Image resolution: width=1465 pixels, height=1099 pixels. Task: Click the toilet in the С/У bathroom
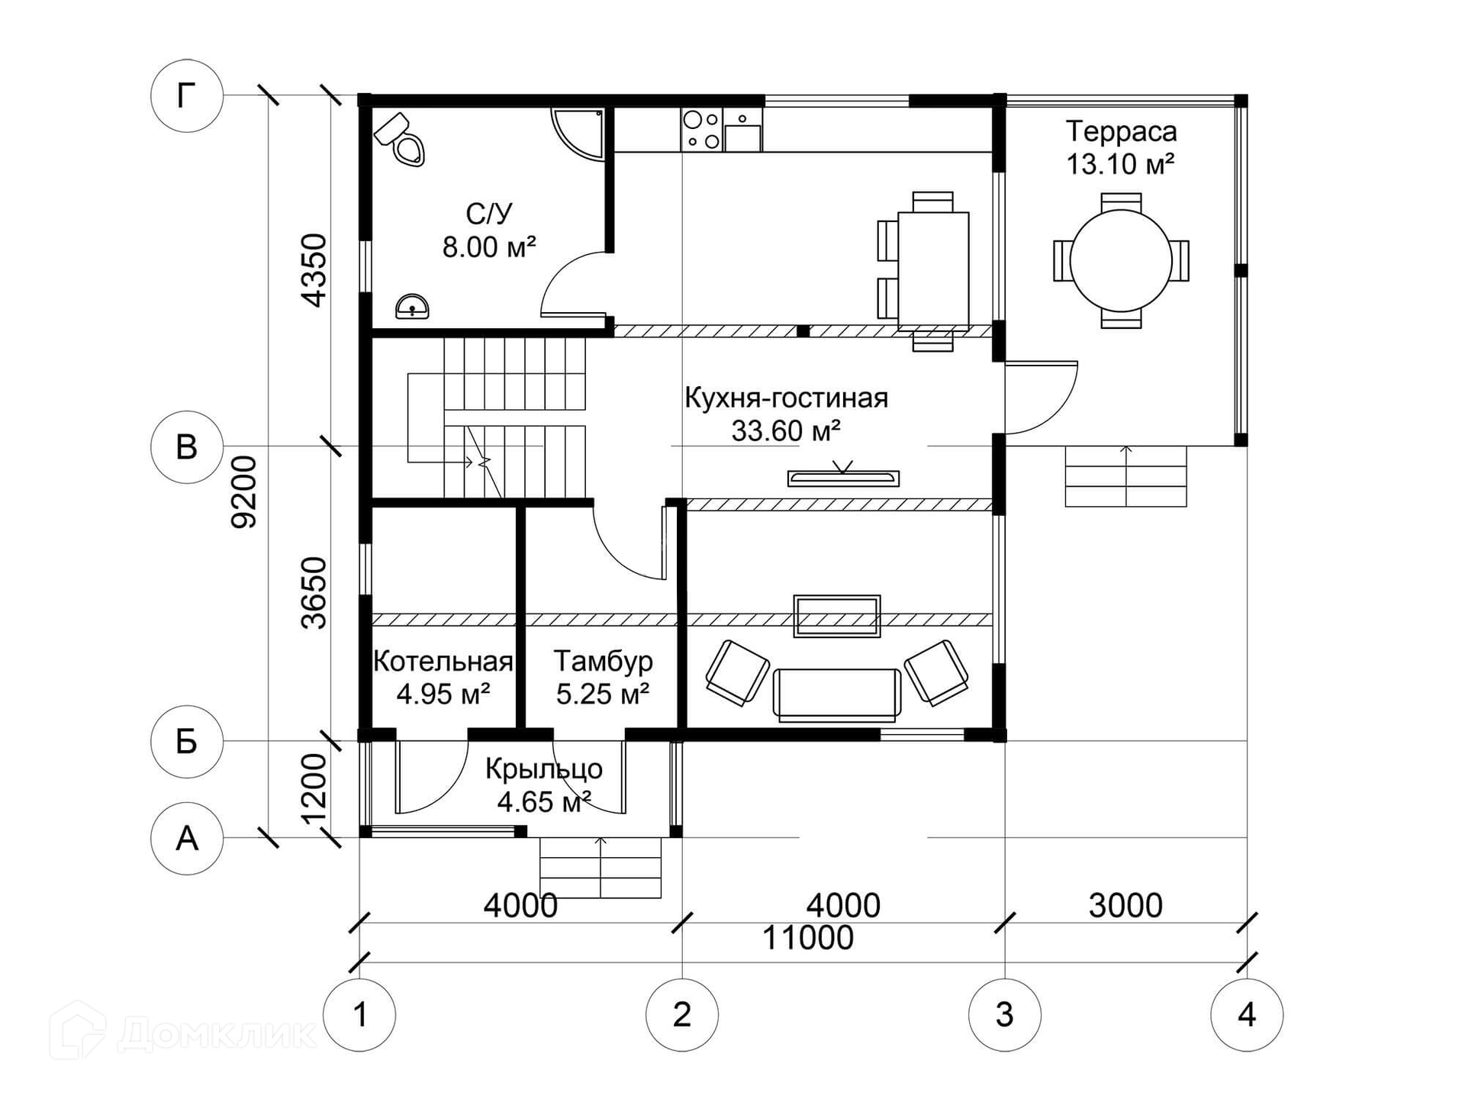(x=400, y=140)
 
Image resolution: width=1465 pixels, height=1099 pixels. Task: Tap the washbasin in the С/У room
(x=412, y=306)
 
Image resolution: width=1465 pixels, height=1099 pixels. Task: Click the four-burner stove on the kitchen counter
(x=702, y=130)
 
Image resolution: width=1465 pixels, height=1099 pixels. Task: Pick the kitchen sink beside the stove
(x=742, y=130)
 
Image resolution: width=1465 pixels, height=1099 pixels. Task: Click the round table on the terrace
(x=1121, y=260)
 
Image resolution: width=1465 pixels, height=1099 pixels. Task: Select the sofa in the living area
(x=837, y=695)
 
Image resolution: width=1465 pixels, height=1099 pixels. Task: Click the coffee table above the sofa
(x=837, y=616)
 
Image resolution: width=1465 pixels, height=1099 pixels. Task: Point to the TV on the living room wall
(x=843, y=479)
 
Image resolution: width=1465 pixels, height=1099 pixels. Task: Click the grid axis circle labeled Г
(x=187, y=96)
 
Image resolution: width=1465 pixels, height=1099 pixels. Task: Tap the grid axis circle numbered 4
(x=1247, y=1015)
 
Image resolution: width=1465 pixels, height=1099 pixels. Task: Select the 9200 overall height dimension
(x=244, y=492)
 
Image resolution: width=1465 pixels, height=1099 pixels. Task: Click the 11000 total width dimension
(x=808, y=938)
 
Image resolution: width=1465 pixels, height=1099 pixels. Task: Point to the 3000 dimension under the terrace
(x=1125, y=906)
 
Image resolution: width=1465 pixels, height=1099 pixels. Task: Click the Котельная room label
(x=443, y=661)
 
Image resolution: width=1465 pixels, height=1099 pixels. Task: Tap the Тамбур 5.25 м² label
(x=603, y=677)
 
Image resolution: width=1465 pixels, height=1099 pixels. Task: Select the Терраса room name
(x=1121, y=131)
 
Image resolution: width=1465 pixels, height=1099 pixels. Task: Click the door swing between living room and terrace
(x=1041, y=397)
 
